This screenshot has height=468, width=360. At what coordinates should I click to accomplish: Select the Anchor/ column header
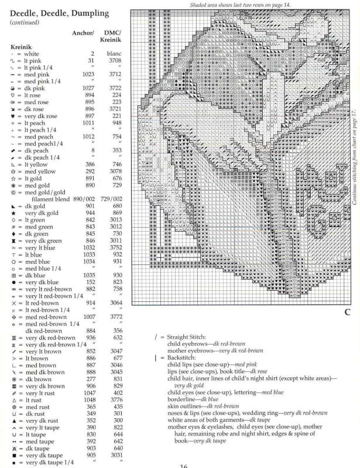coord(84,33)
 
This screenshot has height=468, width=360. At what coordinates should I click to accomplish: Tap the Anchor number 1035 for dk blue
coord(89,274)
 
